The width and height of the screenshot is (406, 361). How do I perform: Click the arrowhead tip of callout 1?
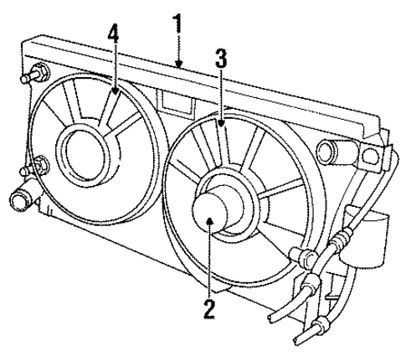coord(177,65)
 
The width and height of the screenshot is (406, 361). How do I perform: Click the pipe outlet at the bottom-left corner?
coord(22,202)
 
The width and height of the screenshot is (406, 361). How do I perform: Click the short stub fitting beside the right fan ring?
coord(298,255)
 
